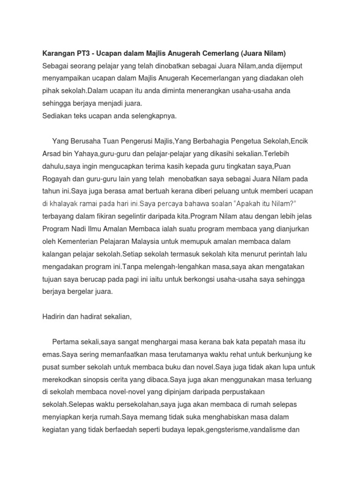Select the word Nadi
tap(82, 229)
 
